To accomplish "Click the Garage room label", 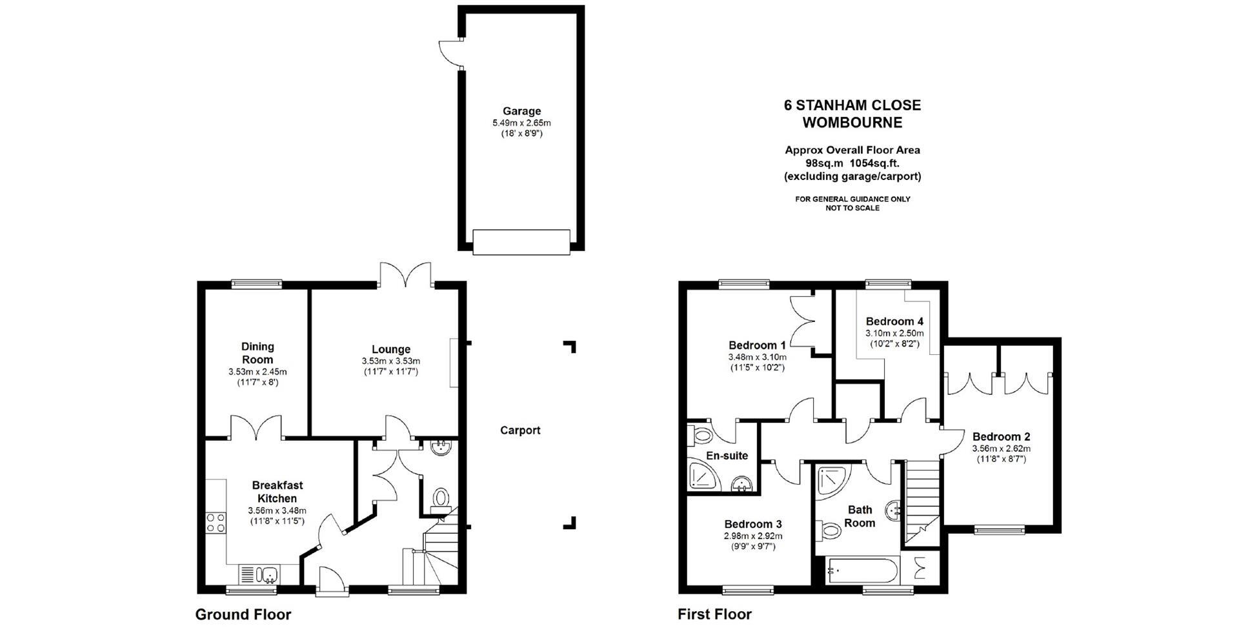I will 521,111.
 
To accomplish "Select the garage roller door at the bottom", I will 521,241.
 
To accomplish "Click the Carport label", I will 520,430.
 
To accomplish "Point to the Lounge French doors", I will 405,274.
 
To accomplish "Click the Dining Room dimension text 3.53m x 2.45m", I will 257,372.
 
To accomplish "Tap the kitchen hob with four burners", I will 215,522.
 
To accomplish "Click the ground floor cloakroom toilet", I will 442,498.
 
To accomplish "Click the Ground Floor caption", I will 243,614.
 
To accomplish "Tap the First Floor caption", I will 714,614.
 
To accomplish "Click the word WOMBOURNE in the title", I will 852,122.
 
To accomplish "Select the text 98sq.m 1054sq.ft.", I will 852,163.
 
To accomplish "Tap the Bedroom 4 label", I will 894,321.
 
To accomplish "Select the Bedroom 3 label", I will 753,524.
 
